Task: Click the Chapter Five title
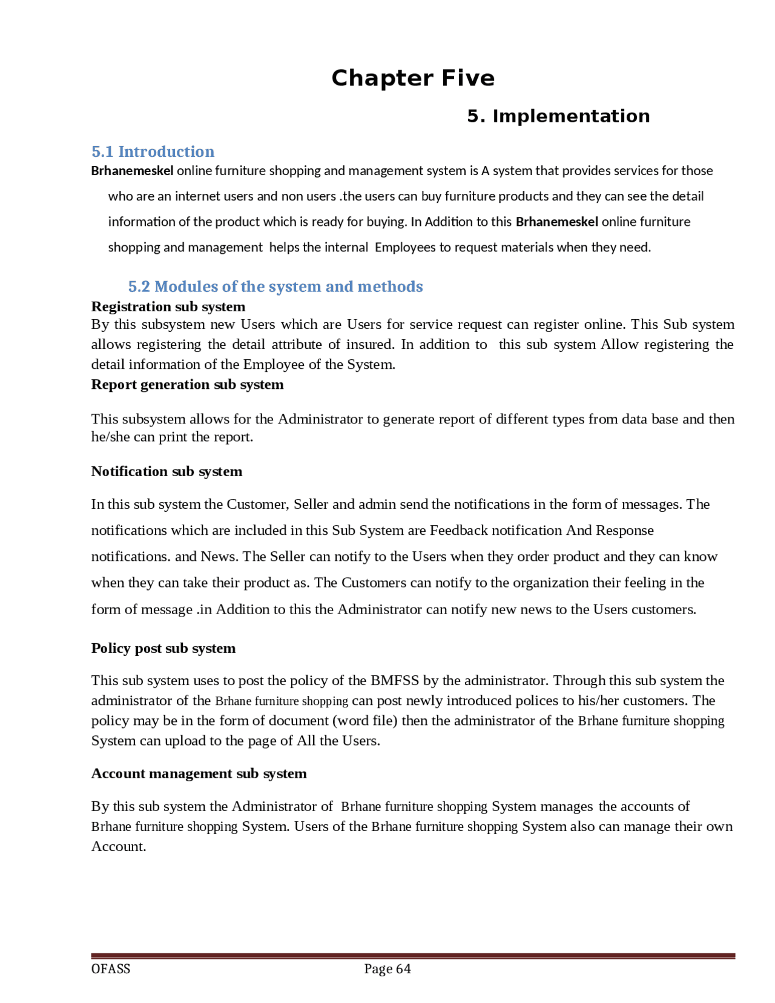[x=413, y=78]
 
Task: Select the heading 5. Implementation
[x=558, y=116]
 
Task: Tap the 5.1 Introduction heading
[x=153, y=151]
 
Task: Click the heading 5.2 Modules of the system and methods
[x=275, y=286]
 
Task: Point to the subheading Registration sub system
[x=168, y=306]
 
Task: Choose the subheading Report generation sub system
[x=187, y=385]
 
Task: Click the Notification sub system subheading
[x=167, y=471]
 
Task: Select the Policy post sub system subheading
[x=163, y=648]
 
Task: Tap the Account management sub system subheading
[x=199, y=773]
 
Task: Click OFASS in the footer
[x=111, y=968]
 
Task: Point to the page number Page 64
[x=387, y=968]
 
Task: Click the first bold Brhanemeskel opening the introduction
[x=132, y=171]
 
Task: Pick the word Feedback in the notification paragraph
[x=458, y=531]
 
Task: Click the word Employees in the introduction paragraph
[x=405, y=247]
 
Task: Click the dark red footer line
[x=413, y=956]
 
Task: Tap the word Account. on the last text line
[x=119, y=847]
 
